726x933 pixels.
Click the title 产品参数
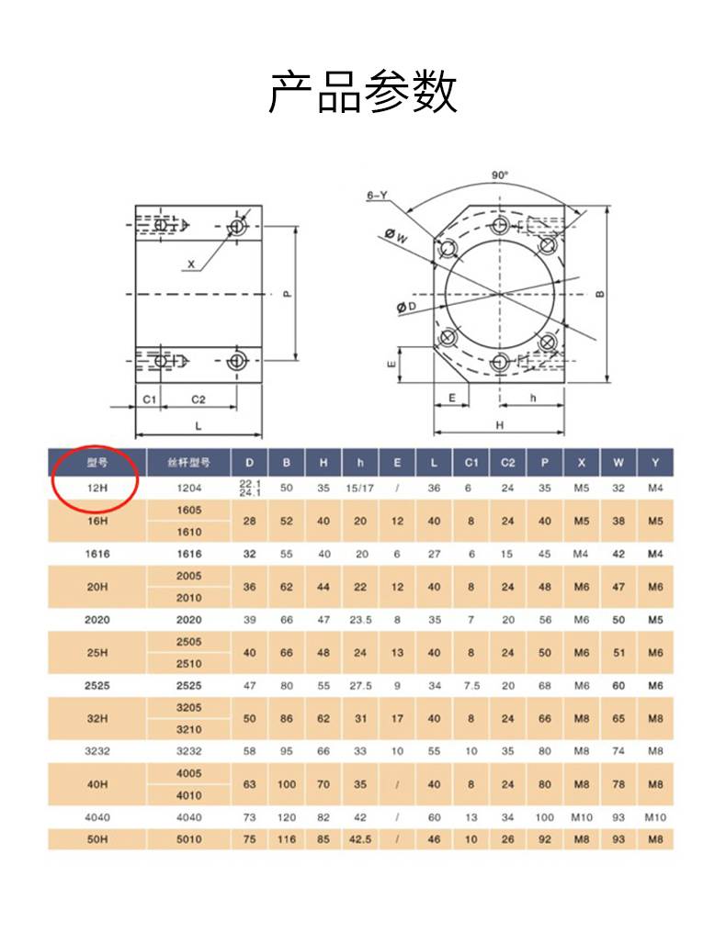tap(363, 92)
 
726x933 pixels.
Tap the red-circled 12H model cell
tap(97, 488)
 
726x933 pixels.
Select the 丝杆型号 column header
tap(188, 462)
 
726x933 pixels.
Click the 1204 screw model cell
tap(188, 488)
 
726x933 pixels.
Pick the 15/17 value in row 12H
tap(359, 488)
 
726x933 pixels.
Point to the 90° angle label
tap(500, 174)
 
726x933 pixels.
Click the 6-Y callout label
tap(377, 196)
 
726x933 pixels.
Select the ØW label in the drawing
tap(396, 236)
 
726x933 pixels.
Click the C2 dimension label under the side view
tap(199, 399)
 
